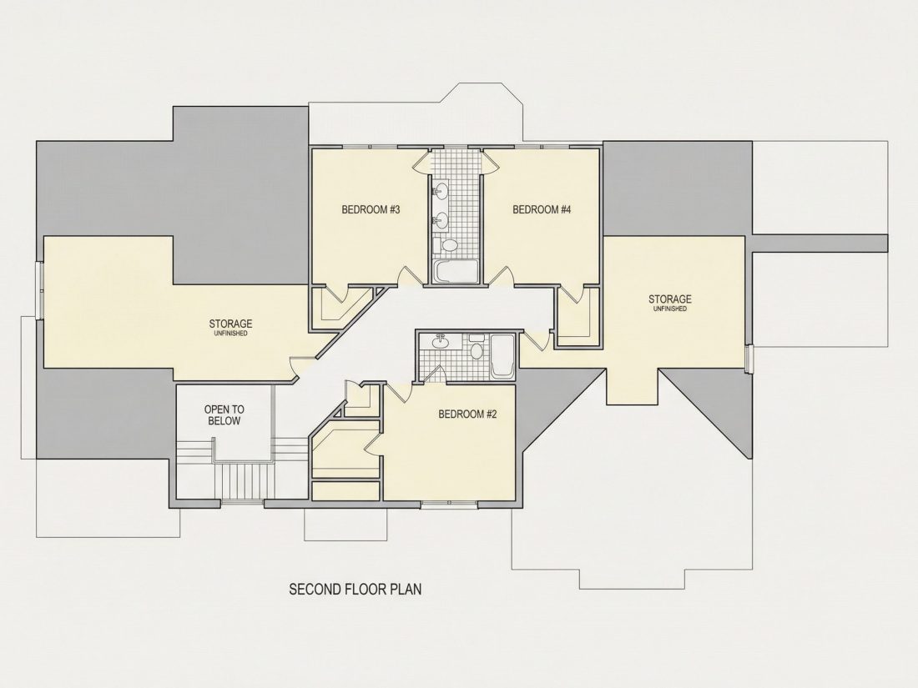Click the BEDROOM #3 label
371,209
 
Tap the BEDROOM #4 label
542,209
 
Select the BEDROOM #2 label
467,414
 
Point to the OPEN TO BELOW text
224,415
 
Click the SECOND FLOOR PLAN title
356,589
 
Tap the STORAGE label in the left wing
230,324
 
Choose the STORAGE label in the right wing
670,299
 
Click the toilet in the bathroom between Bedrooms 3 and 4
450,245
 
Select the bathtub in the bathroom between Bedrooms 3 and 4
456,271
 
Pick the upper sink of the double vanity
441,191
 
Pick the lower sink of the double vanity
441,220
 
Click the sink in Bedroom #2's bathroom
439,342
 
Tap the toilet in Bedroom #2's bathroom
476,349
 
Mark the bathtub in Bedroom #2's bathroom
502,356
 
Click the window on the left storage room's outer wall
39,291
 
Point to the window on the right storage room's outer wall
749,358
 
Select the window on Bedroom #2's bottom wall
450,503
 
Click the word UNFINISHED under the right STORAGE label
670,309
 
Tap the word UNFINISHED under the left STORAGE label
230,334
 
